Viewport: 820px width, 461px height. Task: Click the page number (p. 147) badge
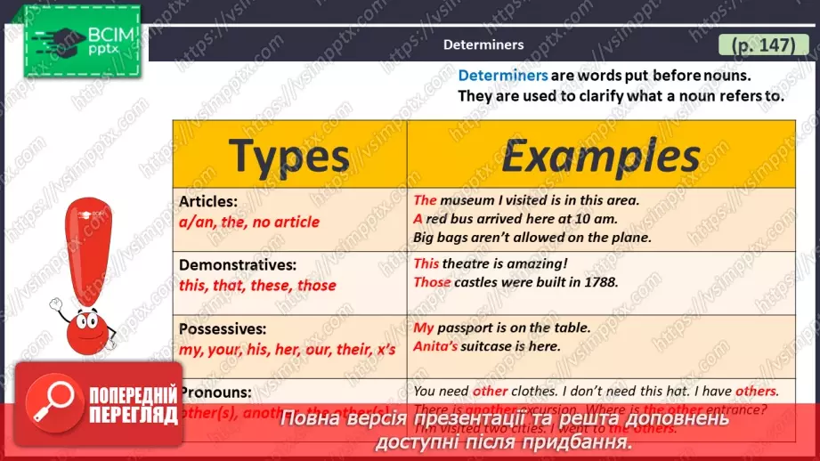[763, 44]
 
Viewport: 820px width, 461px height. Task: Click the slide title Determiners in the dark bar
[483, 44]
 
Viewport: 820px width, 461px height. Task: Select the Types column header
[289, 156]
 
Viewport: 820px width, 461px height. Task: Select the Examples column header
[601, 156]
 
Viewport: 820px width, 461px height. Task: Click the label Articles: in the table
[208, 201]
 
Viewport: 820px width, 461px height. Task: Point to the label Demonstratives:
[237, 265]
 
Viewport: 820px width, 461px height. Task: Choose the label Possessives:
[223, 328]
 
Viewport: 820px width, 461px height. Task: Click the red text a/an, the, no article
[248, 222]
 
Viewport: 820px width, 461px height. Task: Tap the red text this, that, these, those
[257, 286]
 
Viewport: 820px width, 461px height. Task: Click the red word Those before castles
[432, 282]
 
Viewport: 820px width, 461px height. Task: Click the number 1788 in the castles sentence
[598, 282]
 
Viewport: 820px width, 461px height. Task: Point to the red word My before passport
[424, 328]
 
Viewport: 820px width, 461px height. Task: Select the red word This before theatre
[426, 263]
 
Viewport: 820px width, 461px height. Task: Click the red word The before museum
[425, 200]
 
